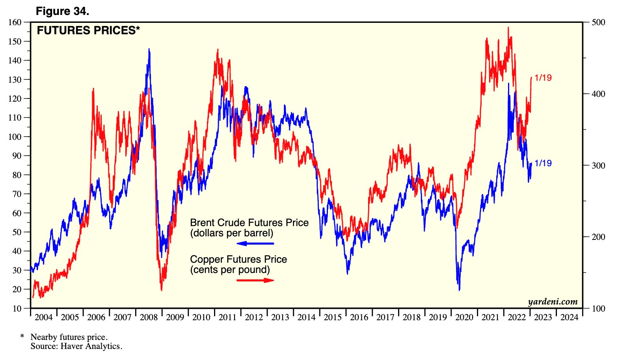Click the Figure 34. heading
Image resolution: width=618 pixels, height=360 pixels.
[x=62, y=11]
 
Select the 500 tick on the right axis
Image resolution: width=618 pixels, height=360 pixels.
[x=598, y=22]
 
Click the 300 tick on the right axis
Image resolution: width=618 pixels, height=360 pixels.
[x=598, y=165]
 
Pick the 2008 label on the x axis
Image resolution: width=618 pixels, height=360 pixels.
[x=149, y=317]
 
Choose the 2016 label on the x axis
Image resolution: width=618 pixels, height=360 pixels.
[x=359, y=317]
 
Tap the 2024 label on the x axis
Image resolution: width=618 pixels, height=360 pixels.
[x=569, y=317]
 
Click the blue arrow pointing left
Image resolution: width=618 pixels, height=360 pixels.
[x=255, y=243]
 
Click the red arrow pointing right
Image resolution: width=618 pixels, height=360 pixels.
[x=255, y=280]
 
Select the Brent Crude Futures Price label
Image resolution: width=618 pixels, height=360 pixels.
[x=249, y=223]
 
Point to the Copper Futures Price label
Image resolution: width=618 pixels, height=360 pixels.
[x=238, y=260]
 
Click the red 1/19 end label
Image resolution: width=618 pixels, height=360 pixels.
[x=543, y=78]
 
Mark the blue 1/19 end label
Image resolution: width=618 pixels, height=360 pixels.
[x=543, y=163]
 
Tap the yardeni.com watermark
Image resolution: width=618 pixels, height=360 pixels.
[x=553, y=302]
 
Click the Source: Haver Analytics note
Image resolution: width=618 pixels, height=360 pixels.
[x=76, y=347]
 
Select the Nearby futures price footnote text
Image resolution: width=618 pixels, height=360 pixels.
[x=69, y=337]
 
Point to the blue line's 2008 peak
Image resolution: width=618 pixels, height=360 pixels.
[x=149, y=49]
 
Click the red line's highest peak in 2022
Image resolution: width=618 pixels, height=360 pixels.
[x=508, y=27]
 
